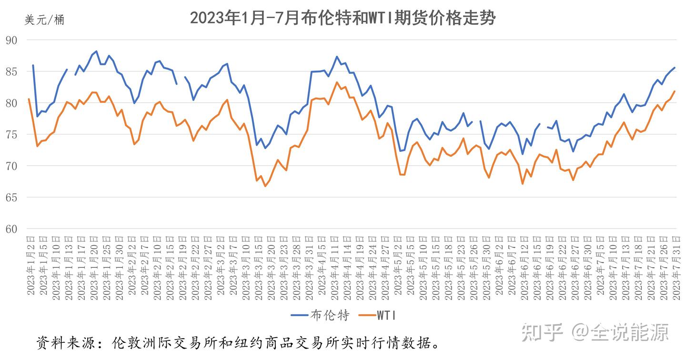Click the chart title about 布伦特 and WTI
pyautogui.click(x=343, y=18)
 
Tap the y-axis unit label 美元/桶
pyautogui.click(x=44, y=20)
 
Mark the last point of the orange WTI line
pyautogui.click(x=675, y=91)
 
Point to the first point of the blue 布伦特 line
pyautogui.click(x=33, y=65)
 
